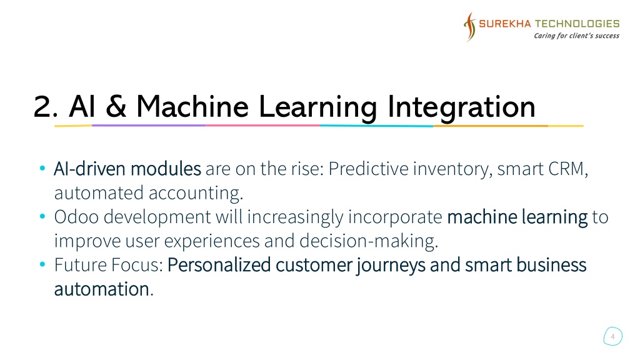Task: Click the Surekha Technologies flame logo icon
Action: (x=470, y=27)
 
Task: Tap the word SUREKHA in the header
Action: (x=505, y=24)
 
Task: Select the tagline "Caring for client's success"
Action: (x=576, y=36)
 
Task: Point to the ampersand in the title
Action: (x=116, y=106)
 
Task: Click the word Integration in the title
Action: (x=461, y=107)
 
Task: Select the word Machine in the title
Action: (x=192, y=106)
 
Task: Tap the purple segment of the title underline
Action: (x=149, y=125)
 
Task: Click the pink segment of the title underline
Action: (x=263, y=125)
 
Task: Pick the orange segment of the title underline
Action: (x=491, y=126)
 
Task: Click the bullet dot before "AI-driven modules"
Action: (x=42, y=167)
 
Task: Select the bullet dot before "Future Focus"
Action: (x=42, y=264)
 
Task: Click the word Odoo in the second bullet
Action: (x=76, y=217)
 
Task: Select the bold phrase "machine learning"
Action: (x=517, y=217)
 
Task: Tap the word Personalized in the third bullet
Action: (x=219, y=265)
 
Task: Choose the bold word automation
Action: (x=102, y=289)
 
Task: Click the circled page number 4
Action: (x=612, y=336)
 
